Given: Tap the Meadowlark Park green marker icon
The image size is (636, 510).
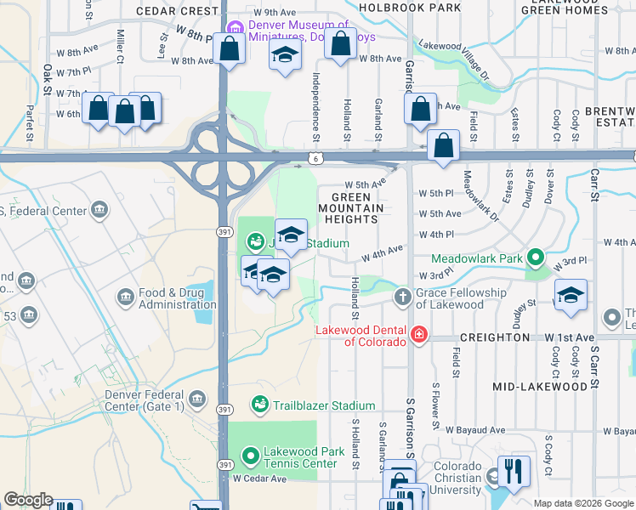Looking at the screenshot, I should [x=535, y=256].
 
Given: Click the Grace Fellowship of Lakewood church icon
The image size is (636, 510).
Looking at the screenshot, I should [x=405, y=297].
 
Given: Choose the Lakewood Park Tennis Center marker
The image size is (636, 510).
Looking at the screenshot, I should [x=251, y=457].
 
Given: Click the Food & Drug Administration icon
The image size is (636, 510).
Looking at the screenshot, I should [x=126, y=297].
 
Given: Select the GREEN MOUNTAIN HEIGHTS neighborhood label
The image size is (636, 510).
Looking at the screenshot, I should [x=351, y=207].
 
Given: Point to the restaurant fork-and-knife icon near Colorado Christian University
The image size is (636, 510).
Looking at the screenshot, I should [x=513, y=471].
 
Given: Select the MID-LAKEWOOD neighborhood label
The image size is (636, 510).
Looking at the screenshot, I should [x=540, y=387].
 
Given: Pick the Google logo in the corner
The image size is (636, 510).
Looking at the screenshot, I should [x=28, y=500].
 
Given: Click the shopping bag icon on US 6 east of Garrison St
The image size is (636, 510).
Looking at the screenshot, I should [x=444, y=145].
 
